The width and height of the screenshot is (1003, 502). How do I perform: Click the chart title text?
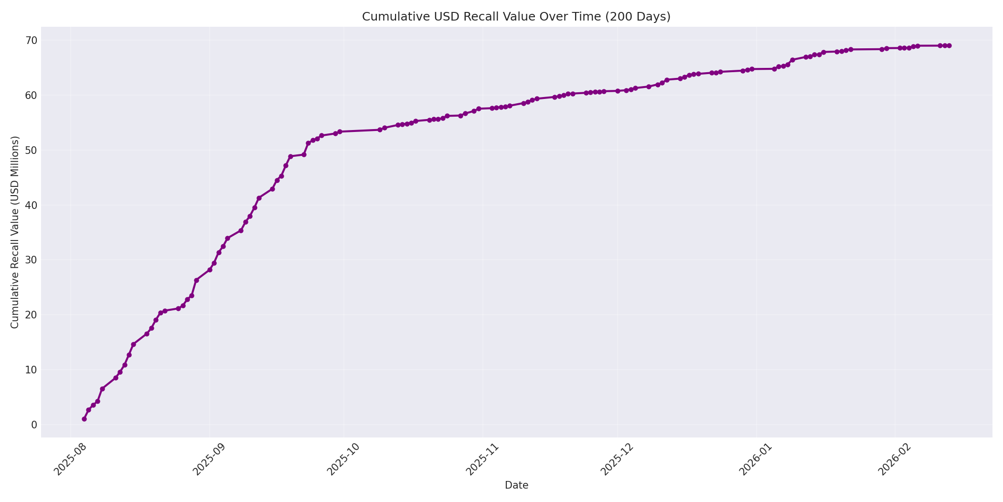(x=516, y=17)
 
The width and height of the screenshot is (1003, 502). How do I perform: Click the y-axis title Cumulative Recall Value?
(x=15, y=232)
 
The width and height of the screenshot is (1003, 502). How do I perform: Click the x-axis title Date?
(x=516, y=485)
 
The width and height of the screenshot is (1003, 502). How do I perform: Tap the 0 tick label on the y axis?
(x=34, y=425)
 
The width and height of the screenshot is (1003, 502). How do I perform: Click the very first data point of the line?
(x=84, y=419)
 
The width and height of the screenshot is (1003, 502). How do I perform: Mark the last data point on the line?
(x=949, y=46)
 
